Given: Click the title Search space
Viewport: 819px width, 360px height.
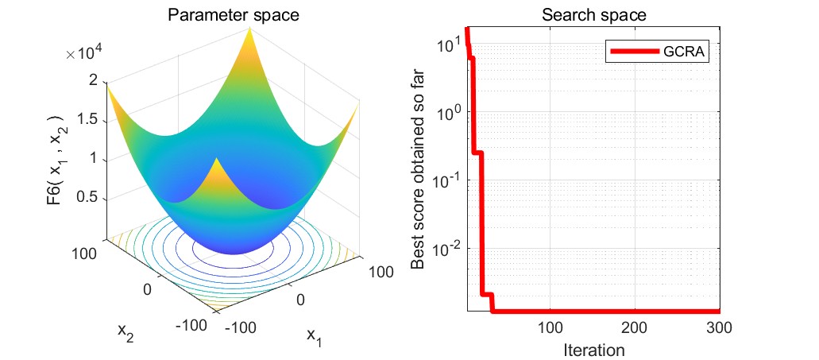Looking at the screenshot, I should (593, 14).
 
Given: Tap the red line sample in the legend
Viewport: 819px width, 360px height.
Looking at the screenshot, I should (635, 52).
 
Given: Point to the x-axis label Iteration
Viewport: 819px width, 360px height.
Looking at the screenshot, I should (593, 349).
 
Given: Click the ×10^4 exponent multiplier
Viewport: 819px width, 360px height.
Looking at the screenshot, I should (89, 54).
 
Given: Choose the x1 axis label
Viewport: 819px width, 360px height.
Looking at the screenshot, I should (315, 336).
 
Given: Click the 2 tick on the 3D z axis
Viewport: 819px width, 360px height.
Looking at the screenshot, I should (94, 80).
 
